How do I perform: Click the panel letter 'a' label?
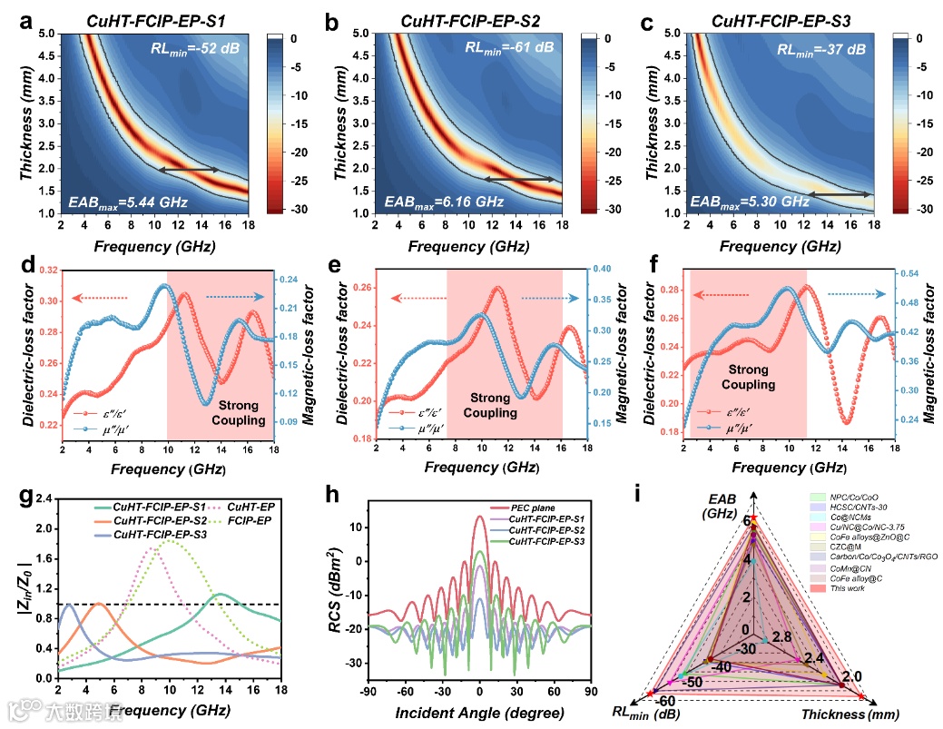pyautogui.click(x=26, y=16)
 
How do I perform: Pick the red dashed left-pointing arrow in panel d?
pyautogui.click(x=101, y=297)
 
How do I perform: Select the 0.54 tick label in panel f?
pyautogui.click(x=911, y=271)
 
